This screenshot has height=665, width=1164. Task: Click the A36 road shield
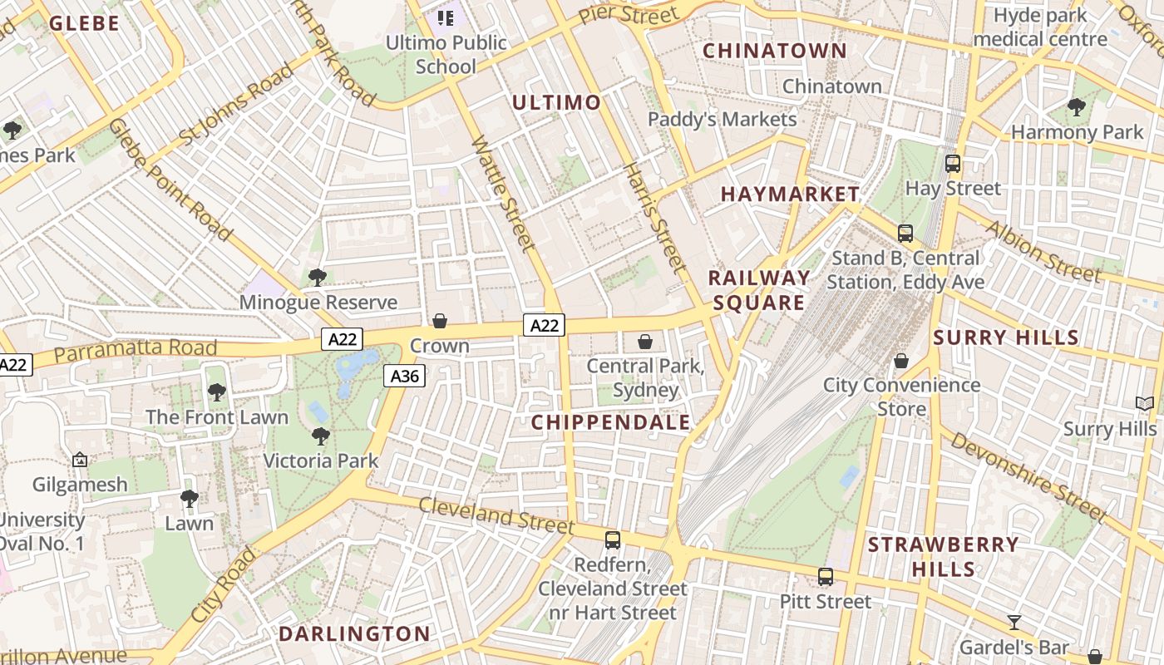point(405,377)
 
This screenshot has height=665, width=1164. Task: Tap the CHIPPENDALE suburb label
point(611,422)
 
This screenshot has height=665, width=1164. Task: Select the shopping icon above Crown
point(440,321)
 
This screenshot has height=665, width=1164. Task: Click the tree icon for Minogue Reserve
point(317,277)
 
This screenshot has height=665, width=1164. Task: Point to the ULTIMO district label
point(556,102)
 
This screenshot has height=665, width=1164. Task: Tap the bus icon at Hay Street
point(953,164)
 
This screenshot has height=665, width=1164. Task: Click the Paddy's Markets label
point(722,119)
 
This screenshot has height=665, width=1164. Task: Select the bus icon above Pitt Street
point(826,577)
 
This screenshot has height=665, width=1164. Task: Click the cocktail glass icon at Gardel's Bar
point(1014,622)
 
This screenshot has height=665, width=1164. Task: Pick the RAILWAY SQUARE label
point(759,289)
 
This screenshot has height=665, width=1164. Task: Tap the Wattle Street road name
point(504,193)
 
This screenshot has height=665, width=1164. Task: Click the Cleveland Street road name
point(496,515)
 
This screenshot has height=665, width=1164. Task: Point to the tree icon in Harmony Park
point(1077,106)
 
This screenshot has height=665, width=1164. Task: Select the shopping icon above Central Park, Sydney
point(645,342)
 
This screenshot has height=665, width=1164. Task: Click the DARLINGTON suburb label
point(354,633)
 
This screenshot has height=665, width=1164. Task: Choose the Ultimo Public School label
point(446,54)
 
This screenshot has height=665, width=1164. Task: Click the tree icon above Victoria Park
point(321,436)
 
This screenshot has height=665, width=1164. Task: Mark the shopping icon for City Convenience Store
point(901,361)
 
